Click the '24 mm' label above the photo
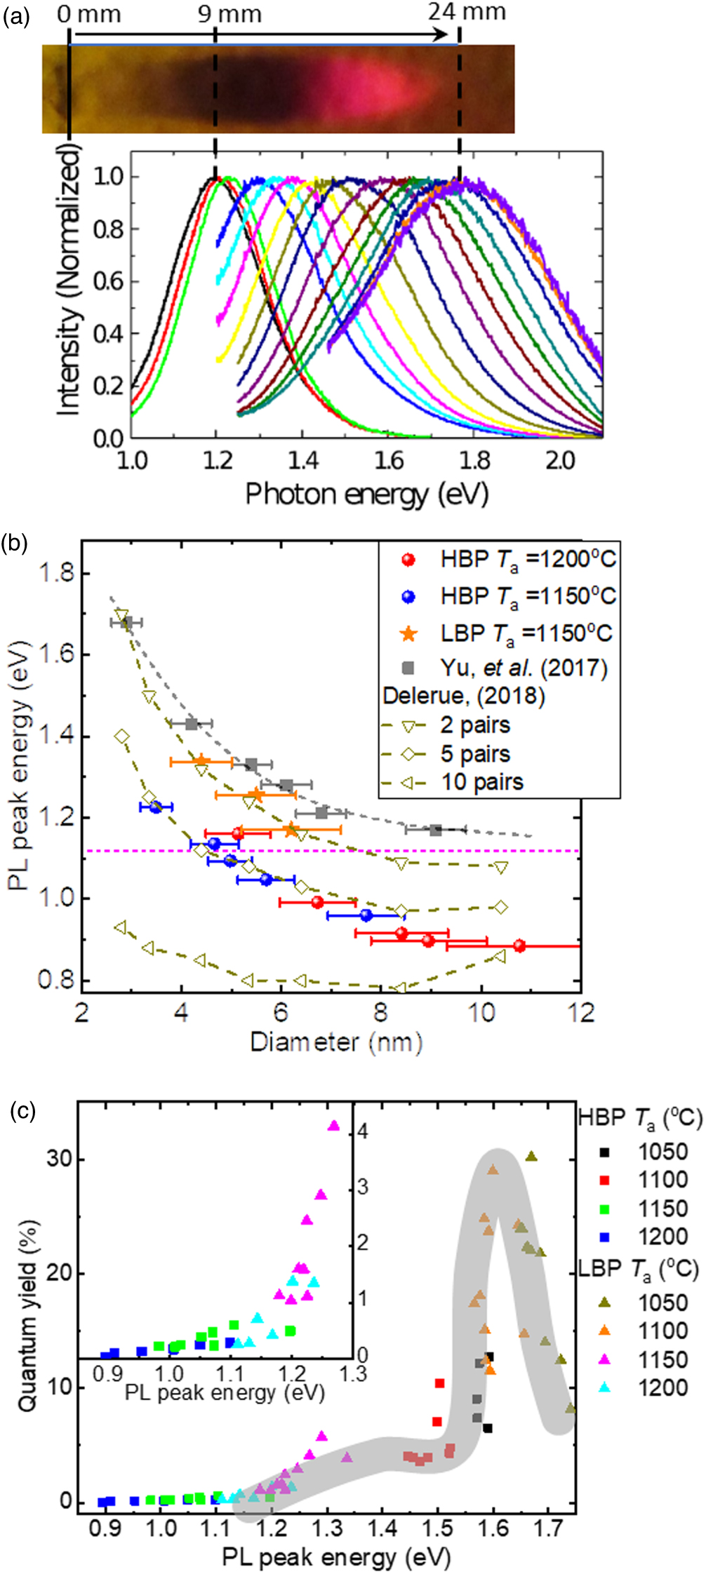tap(467, 13)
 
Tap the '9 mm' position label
tap(229, 13)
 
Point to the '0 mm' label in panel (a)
tap(88, 13)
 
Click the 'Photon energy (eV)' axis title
tap(366, 495)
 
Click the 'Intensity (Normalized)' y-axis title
tap(67, 281)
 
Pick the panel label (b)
tap(15, 544)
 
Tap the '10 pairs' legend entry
tap(481, 781)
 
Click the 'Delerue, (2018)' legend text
tap(464, 696)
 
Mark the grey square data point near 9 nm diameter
tap(435, 830)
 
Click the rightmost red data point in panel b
tap(519, 946)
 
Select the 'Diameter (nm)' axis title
tap(336, 1042)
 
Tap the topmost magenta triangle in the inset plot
tap(333, 1126)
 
